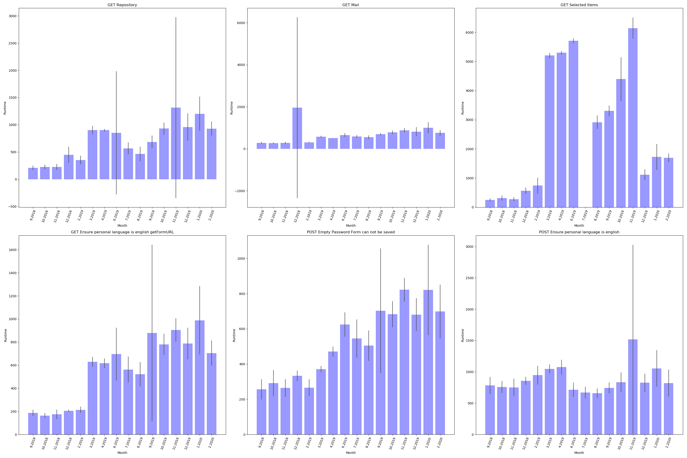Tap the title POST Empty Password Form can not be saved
coord(351,232)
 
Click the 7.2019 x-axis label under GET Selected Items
coord(585,216)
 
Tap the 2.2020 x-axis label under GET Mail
coord(440,216)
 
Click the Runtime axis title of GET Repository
coord(5,108)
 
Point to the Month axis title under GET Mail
coord(351,226)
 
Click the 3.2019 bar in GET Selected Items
coord(549,131)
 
